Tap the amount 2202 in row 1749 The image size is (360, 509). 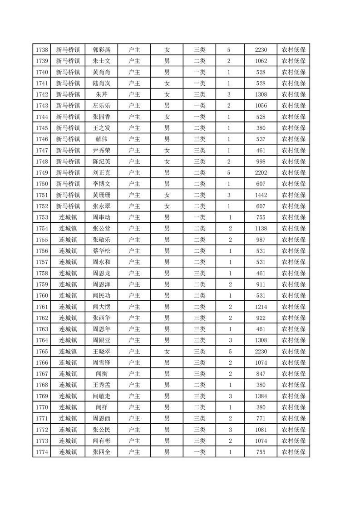(261, 172)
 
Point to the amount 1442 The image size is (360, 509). (261, 195)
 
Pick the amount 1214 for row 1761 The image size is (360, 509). (261, 307)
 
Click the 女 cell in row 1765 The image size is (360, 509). (167, 351)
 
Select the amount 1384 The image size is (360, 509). (261, 396)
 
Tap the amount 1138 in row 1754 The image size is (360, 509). (261, 228)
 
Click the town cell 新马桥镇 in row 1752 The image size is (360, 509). (68, 206)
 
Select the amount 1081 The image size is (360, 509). (261, 429)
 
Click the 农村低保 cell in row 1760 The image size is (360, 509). (293, 295)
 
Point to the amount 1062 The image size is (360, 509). (261, 61)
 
